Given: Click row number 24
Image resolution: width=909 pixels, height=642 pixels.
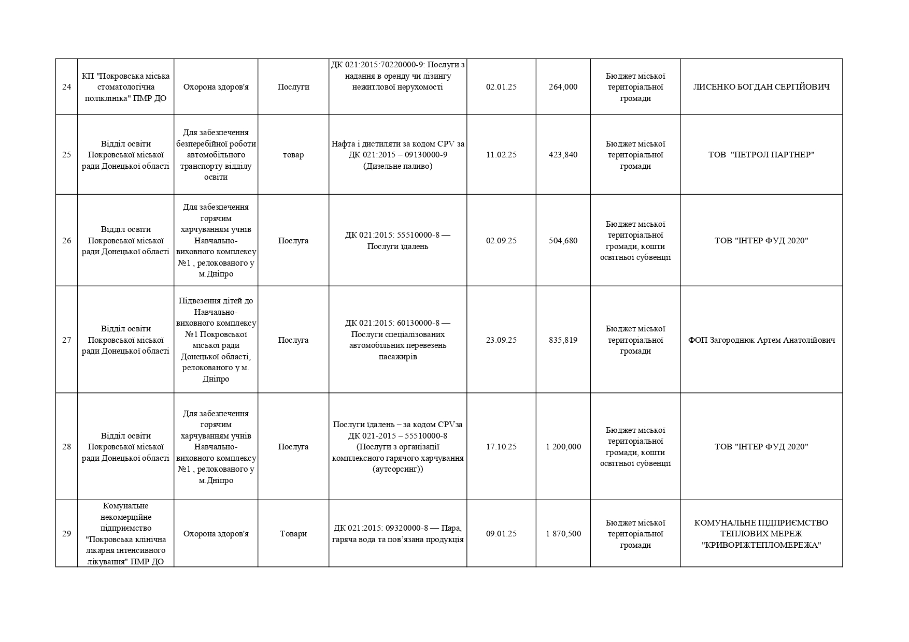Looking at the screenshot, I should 66,87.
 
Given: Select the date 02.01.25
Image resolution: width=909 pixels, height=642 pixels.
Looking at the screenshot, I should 501,87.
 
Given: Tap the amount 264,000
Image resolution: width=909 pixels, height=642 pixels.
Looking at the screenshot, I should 563,87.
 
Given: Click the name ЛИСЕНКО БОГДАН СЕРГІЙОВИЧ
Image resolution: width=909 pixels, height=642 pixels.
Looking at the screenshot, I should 761,87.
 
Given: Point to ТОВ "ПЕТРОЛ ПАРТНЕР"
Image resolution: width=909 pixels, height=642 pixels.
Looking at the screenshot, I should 761,155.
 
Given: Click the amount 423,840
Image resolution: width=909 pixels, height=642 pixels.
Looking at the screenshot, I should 563,155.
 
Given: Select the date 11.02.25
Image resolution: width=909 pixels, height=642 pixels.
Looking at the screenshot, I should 501,155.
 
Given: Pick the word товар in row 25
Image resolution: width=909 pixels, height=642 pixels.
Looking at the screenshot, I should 293,155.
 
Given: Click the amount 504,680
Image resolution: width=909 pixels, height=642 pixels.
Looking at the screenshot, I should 563,241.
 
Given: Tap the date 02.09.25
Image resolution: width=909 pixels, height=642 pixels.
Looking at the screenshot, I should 501,241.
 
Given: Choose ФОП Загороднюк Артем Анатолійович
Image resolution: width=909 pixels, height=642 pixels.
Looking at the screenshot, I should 761,340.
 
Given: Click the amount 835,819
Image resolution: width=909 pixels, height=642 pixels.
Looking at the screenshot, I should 563,340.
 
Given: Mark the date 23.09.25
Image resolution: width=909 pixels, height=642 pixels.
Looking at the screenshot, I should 501,340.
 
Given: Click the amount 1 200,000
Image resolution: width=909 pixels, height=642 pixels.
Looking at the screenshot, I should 563,447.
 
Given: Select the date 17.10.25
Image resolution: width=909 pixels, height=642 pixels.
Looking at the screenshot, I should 501,447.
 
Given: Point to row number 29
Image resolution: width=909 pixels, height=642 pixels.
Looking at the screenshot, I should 66,534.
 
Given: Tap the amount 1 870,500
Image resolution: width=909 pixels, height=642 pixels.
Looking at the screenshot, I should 563,534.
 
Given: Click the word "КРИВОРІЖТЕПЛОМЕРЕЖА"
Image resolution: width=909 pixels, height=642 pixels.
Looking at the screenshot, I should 761,545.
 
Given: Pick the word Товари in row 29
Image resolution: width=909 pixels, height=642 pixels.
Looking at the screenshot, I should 293,534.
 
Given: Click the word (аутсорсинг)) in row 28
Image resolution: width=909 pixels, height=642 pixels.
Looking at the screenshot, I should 397,470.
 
